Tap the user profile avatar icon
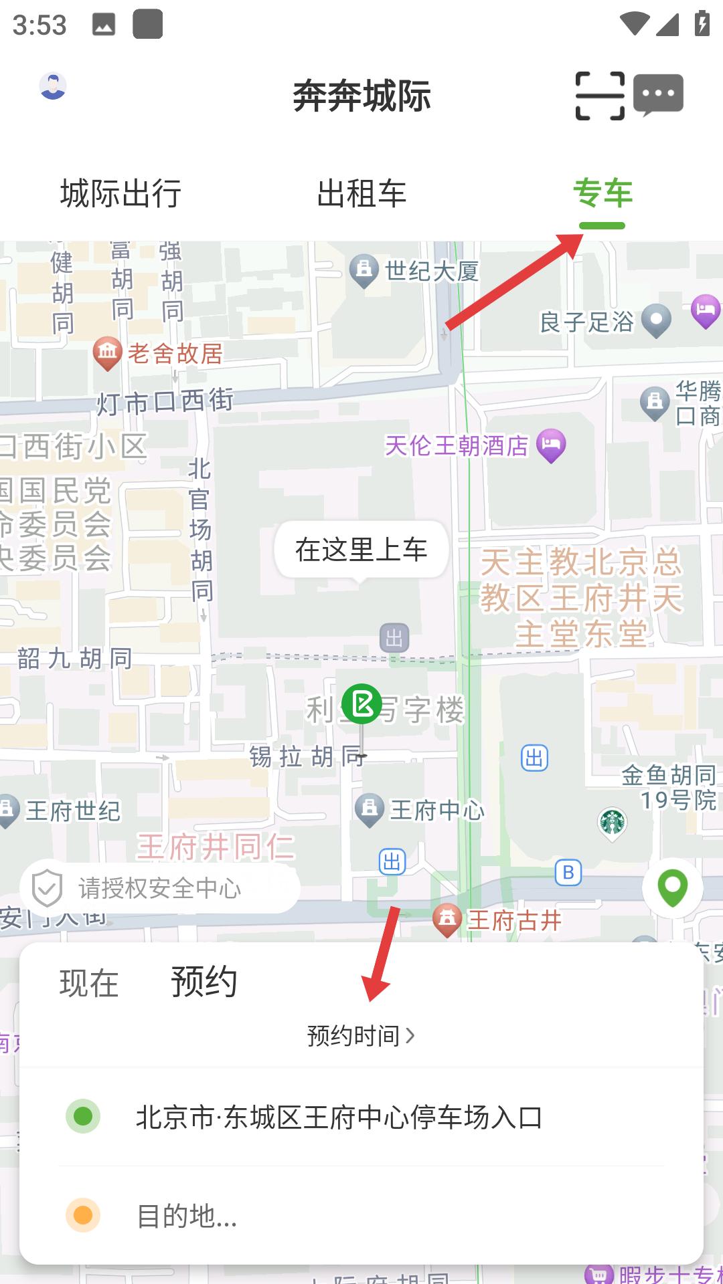(53, 86)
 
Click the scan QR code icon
(600, 96)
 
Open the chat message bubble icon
(658, 94)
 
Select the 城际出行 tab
(120, 194)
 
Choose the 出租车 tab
(361, 194)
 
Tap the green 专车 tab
(602, 194)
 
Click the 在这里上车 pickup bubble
(361, 550)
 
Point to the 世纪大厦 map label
(431, 272)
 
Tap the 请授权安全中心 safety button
(159, 888)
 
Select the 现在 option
(89, 983)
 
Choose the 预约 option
(204, 982)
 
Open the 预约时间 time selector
(361, 1036)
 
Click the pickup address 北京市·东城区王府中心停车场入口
(339, 1117)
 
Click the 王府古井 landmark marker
(447, 920)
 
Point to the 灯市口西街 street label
(165, 402)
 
